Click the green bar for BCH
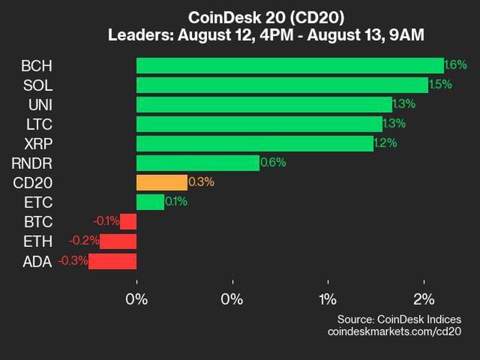pyautogui.click(x=290, y=65)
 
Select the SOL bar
pyautogui.click(x=282, y=85)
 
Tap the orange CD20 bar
pyautogui.click(x=162, y=182)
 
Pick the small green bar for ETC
pyautogui.click(x=150, y=202)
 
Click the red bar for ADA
pyautogui.click(x=113, y=261)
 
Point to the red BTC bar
pyautogui.click(x=128, y=221)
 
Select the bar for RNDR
pyautogui.click(x=198, y=163)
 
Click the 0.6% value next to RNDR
pyautogui.click(x=272, y=163)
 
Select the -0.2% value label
pyautogui.click(x=83, y=241)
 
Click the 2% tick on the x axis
pyautogui.click(x=424, y=299)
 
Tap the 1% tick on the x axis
pyautogui.click(x=328, y=299)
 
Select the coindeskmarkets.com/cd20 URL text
pyautogui.click(x=394, y=331)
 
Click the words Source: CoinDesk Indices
pyautogui.click(x=399, y=319)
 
